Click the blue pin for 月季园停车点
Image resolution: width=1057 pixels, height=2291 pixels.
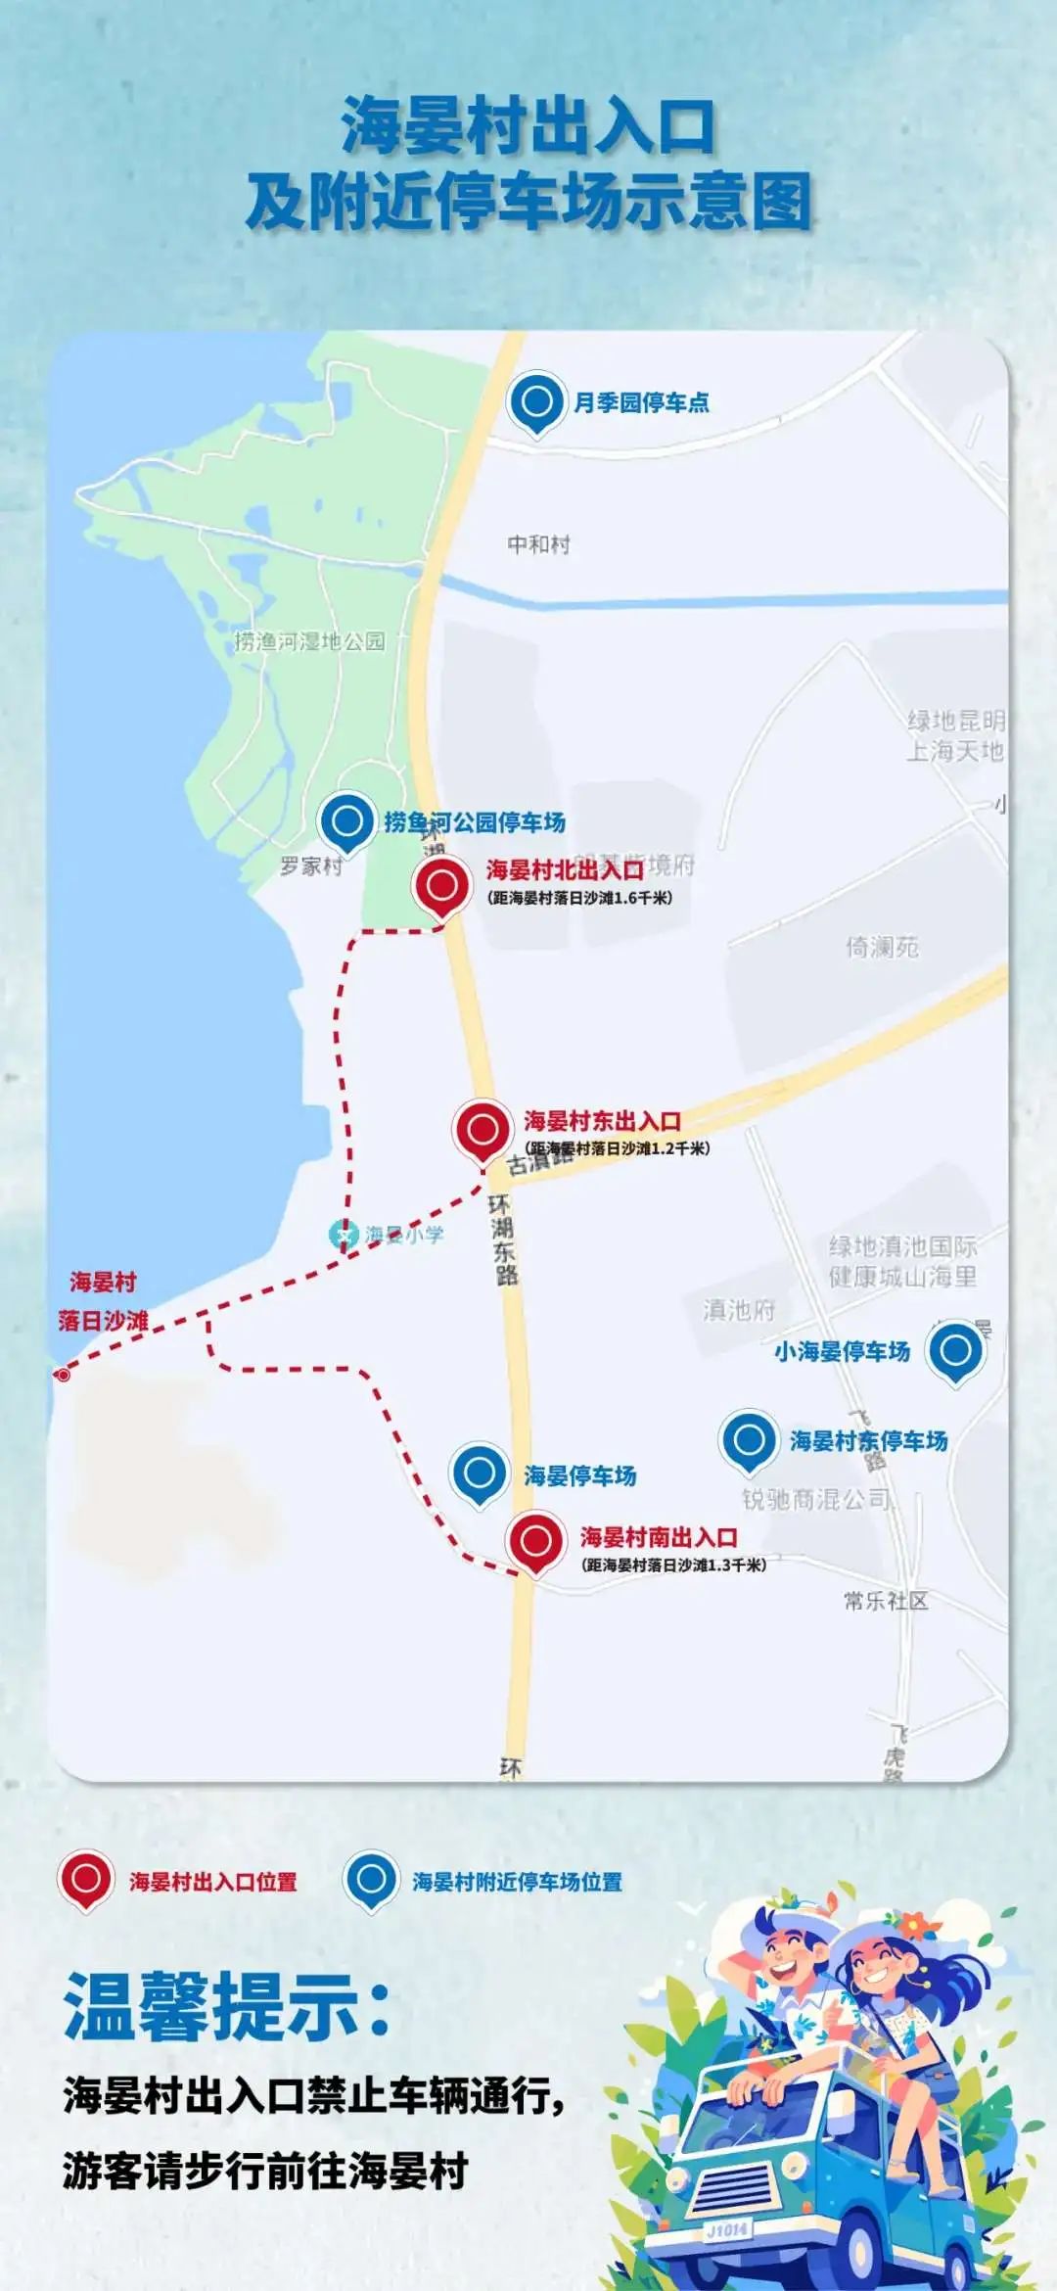(536, 402)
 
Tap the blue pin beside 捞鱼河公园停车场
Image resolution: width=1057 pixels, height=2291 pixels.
(346, 821)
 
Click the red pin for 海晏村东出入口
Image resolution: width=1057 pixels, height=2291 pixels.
(483, 1130)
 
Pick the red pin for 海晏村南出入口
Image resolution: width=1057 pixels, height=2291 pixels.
(536, 1541)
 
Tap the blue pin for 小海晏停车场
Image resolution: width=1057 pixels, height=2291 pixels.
(955, 1351)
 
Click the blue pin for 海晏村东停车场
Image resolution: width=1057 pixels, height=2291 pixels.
(749, 1440)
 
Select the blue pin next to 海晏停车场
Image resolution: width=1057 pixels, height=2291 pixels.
(479, 1473)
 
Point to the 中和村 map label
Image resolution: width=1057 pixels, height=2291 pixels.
(538, 544)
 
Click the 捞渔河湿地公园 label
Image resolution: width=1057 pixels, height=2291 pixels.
(309, 641)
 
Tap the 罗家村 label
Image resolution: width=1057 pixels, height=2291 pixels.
(311, 865)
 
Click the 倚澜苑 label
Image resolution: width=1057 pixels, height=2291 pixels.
(882, 947)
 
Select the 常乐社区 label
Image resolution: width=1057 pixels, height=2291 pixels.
(886, 1601)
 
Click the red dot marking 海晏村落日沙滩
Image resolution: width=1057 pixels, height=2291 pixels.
(64, 1375)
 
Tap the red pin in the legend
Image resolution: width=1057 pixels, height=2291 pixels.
(85, 1879)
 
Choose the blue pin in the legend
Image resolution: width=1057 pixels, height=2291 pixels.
(370, 1879)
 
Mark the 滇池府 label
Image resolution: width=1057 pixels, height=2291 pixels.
(738, 1310)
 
